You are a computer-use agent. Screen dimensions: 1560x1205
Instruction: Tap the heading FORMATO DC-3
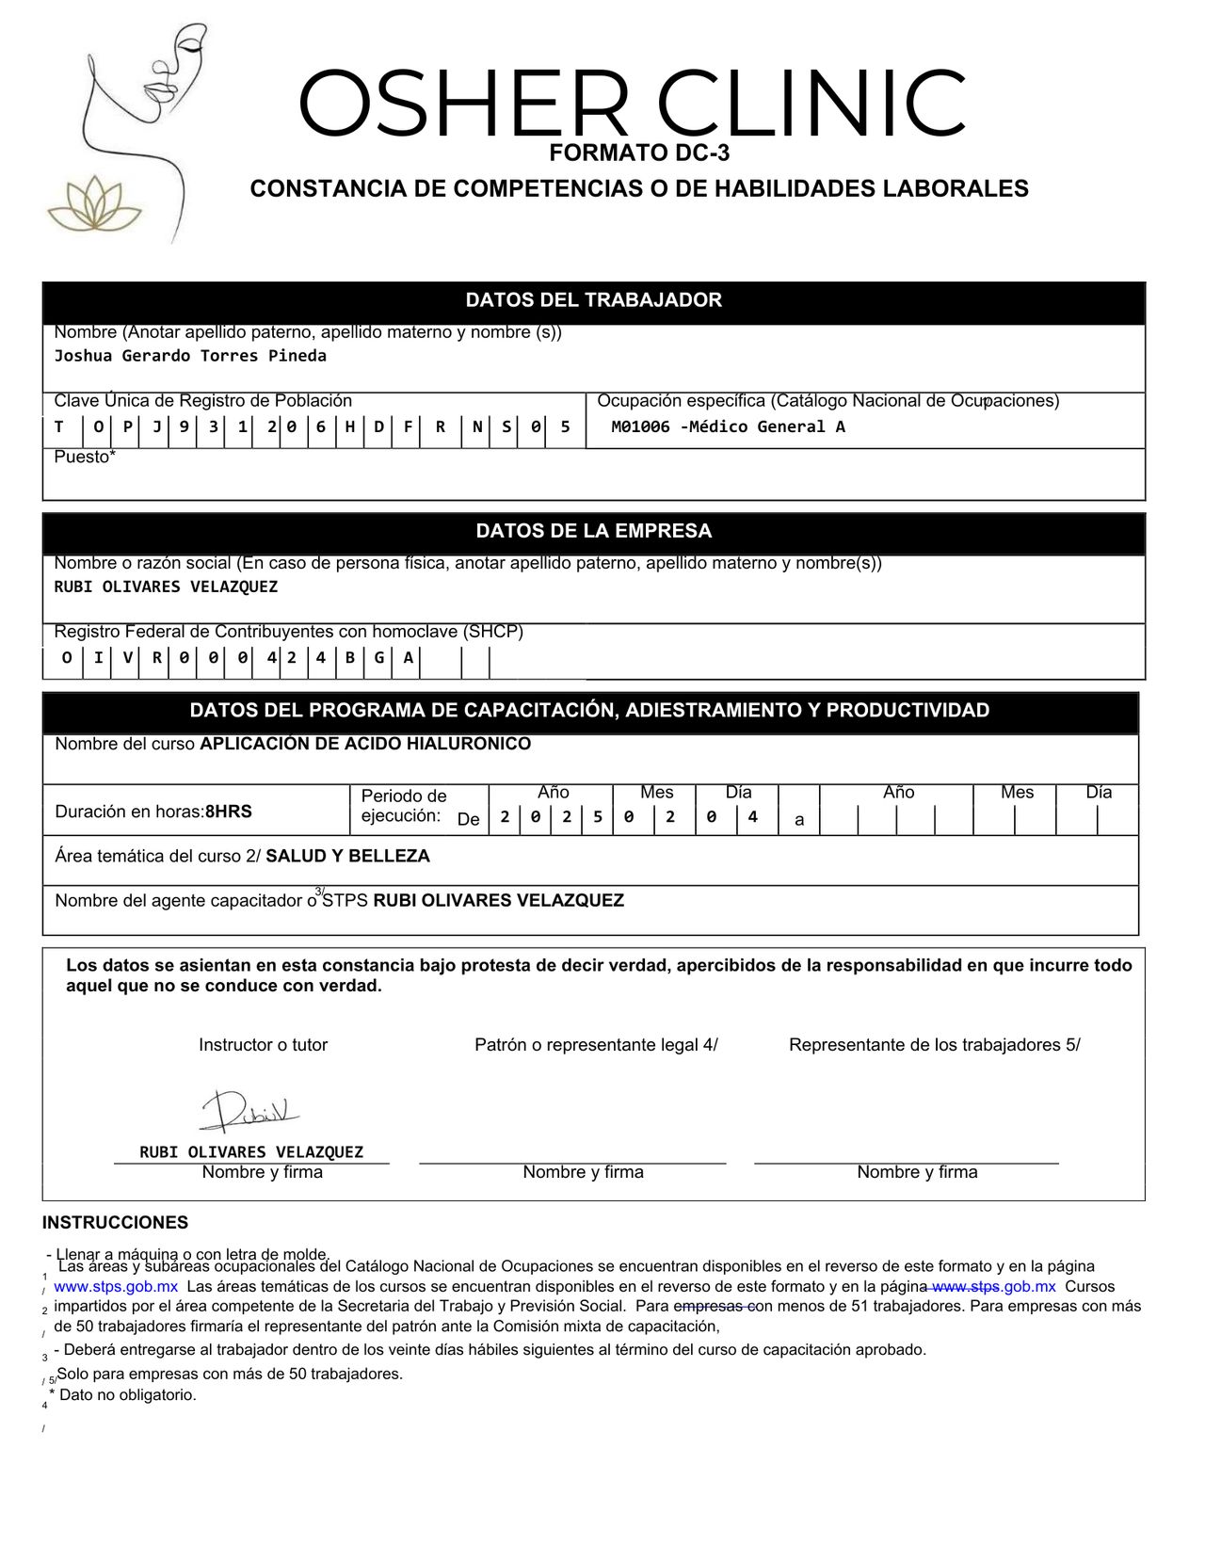(639, 153)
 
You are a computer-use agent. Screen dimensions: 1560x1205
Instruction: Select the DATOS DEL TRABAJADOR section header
(593, 300)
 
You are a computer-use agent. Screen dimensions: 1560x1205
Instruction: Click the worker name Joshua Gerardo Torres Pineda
(190, 356)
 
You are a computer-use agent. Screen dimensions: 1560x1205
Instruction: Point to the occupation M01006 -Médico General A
(728, 426)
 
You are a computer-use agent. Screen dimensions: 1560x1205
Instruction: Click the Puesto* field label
(85, 458)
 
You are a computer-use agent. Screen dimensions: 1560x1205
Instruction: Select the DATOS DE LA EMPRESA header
(593, 531)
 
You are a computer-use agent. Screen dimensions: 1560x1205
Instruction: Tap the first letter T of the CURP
(58, 426)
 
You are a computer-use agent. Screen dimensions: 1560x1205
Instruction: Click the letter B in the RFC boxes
(349, 657)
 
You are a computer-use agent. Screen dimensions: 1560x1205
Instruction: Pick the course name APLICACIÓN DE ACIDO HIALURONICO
(365, 744)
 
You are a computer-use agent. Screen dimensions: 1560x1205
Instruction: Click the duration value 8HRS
(229, 812)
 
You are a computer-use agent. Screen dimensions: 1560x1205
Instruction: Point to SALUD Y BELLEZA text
(347, 856)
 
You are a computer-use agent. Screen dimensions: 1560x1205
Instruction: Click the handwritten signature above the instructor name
(249, 1112)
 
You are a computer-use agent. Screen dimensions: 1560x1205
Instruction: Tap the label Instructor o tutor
(263, 1045)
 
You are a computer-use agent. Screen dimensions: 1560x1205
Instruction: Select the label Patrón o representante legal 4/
(596, 1045)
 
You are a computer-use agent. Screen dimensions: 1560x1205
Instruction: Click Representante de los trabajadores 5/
(934, 1045)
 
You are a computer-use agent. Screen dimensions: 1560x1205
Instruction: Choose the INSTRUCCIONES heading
(115, 1223)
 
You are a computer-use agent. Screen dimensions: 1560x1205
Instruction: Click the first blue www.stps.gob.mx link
(116, 1287)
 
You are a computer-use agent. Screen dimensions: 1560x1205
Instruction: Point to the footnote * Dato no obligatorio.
(126, 1395)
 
